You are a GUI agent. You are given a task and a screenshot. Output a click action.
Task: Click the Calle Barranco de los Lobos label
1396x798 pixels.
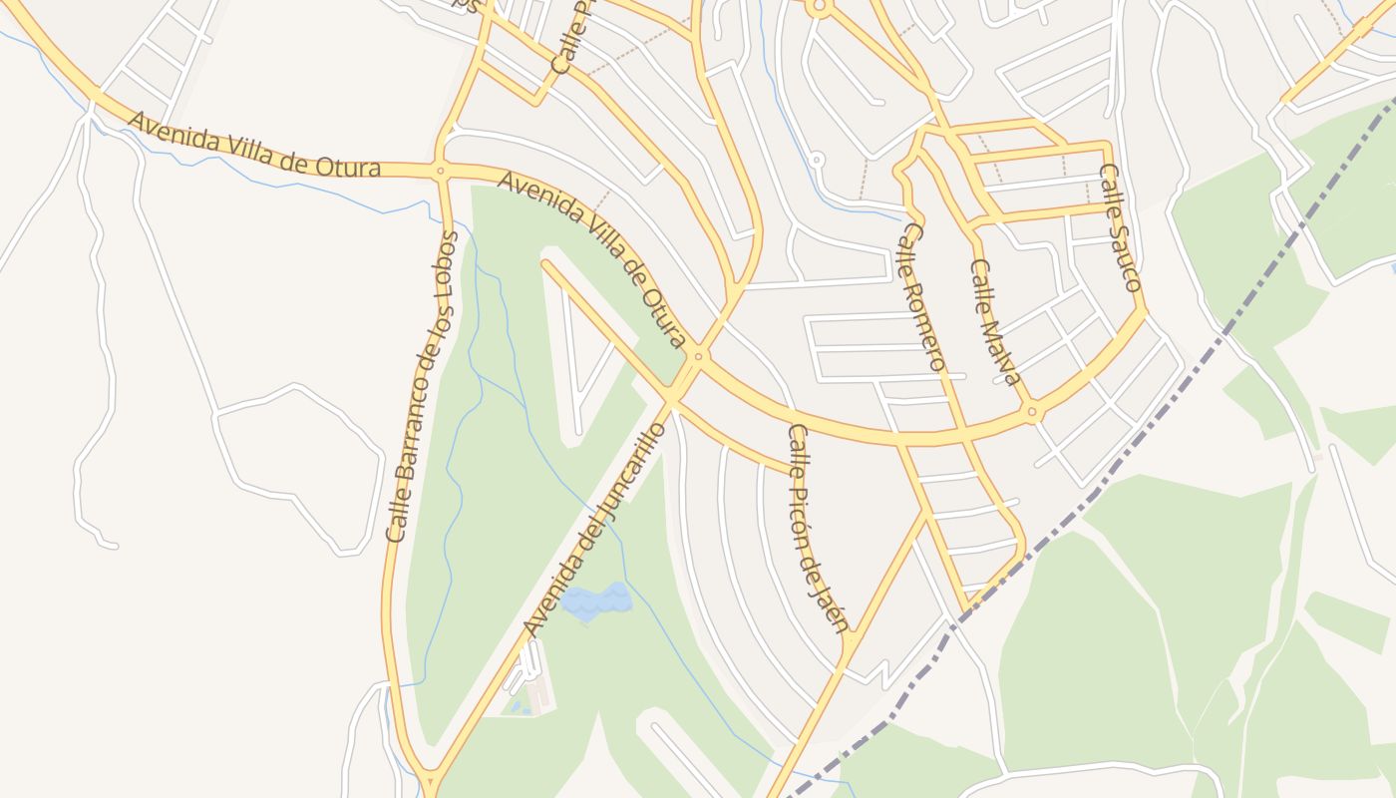tap(423, 387)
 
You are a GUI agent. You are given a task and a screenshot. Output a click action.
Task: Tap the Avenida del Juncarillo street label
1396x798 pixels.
tap(593, 530)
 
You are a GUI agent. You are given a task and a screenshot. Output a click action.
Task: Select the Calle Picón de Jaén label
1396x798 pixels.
tap(817, 529)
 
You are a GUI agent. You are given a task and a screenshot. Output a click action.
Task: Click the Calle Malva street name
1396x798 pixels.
tap(996, 322)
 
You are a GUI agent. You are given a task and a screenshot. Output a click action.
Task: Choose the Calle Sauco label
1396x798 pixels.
tap(1119, 227)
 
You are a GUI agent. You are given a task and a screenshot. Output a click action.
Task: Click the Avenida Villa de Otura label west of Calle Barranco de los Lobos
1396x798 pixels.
tap(254, 146)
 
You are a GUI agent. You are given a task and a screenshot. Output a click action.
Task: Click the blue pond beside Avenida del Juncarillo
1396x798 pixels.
tap(596, 600)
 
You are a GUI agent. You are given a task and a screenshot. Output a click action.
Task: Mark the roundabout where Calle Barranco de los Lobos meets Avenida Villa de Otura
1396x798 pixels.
tap(440, 171)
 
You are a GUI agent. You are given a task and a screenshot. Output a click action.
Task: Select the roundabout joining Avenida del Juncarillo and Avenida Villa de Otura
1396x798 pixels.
tap(698, 355)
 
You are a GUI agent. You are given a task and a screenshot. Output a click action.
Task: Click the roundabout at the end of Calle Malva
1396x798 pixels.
tap(1033, 410)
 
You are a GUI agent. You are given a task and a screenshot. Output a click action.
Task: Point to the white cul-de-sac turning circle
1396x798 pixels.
tap(816, 159)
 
